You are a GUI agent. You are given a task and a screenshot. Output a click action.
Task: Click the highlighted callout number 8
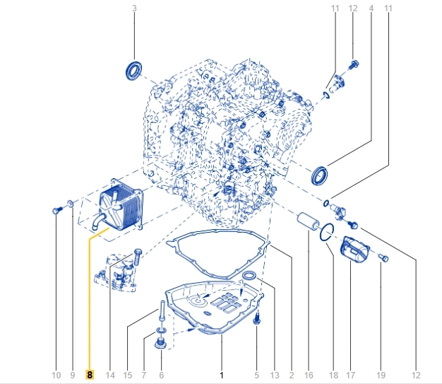[x=90, y=375]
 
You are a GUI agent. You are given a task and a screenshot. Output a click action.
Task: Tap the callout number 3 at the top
[x=134, y=8]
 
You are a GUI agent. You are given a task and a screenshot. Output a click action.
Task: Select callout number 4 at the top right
[x=371, y=8]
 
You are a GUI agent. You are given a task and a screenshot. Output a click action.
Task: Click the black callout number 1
[x=222, y=375]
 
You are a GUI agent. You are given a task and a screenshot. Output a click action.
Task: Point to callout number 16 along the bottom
[x=309, y=375]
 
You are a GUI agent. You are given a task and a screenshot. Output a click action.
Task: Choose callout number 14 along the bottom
[x=110, y=375]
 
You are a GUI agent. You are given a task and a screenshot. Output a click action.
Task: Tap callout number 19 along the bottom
[x=381, y=375]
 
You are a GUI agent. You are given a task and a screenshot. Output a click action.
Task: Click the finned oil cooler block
[x=121, y=206]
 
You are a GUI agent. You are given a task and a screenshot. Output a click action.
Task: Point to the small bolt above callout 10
[x=56, y=210]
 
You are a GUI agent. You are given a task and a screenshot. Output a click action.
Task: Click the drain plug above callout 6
[x=161, y=343]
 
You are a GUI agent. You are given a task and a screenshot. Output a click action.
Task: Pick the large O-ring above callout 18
[x=327, y=233]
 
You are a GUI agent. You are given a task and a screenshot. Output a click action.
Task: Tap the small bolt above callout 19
[x=383, y=257]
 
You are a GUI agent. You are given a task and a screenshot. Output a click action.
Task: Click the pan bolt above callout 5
[x=257, y=320]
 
